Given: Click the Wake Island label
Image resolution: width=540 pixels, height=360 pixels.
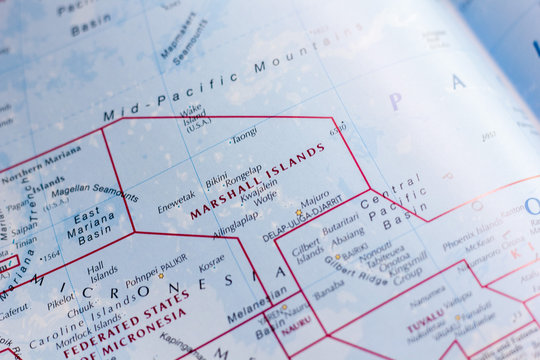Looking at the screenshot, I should (x=194, y=117).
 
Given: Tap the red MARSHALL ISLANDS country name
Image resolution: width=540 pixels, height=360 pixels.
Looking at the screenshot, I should (x=257, y=180).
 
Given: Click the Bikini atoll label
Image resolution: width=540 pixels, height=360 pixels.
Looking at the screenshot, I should (x=217, y=182).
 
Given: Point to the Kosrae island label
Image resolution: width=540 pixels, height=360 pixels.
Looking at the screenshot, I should (x=211, y=262).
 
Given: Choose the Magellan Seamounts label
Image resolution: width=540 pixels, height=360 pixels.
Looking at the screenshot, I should (x=94, y=192).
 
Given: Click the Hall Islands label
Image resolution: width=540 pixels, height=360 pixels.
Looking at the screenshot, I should (x=101, y=271).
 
